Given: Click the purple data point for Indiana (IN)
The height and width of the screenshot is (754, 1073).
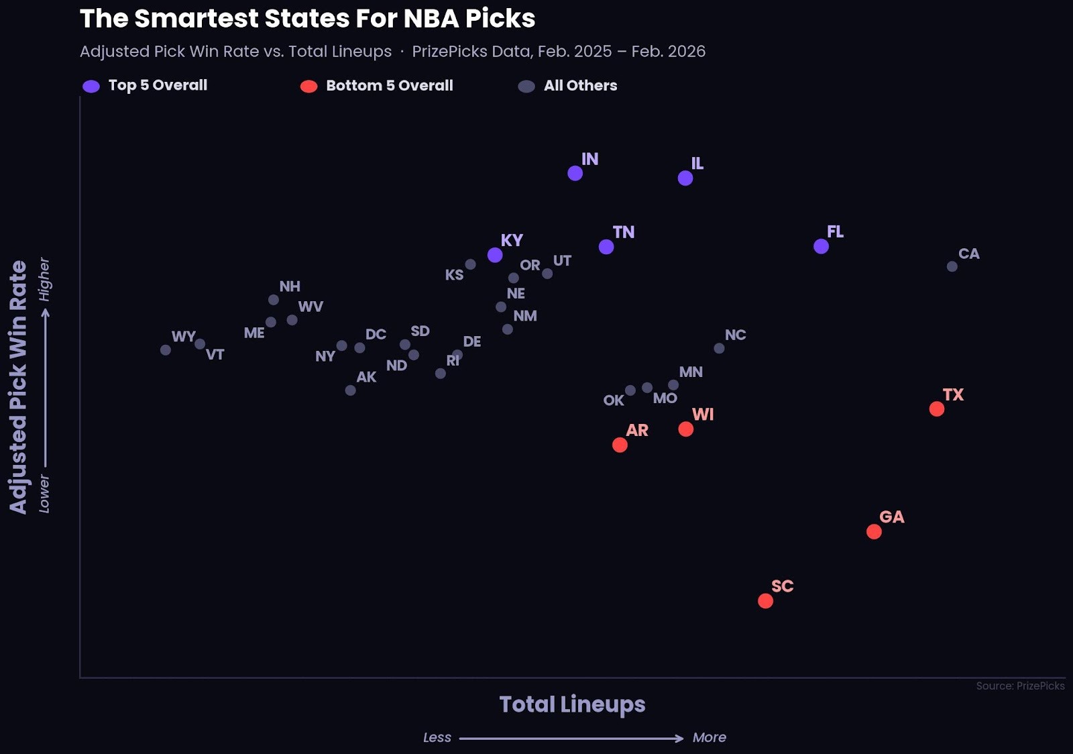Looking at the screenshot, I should point(575,173).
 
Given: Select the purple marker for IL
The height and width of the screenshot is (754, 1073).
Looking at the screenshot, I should point(685,178).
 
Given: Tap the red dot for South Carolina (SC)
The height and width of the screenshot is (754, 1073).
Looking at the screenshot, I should point(765,600).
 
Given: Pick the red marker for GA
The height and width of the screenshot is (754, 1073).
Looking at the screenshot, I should point(874,531).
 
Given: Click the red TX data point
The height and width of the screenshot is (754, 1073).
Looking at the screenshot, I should point(937,409).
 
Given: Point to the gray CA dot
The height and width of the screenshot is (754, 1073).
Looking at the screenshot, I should point(952,266).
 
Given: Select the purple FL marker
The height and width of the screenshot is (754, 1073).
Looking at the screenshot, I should point(821,246).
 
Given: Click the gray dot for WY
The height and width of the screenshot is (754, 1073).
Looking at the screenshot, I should point(166,349).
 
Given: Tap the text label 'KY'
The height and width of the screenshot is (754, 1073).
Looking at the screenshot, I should point(512,240).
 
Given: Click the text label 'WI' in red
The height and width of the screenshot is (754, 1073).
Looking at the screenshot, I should point(703,415).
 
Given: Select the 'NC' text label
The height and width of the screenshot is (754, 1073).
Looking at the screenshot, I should point(735,335).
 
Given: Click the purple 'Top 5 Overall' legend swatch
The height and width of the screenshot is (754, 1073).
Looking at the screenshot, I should point(91,86).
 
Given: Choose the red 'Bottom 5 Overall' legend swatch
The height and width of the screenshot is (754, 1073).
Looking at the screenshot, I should point(308,86).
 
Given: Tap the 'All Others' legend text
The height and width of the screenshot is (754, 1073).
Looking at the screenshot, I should point(580,85).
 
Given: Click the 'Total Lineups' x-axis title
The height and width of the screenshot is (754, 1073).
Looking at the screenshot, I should point(572,704).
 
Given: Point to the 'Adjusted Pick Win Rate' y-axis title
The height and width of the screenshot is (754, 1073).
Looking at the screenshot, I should point(18,387).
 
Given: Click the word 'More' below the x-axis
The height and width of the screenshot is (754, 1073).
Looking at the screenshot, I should point(709,737).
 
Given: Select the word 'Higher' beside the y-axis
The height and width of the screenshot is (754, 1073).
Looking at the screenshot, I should point(44,279).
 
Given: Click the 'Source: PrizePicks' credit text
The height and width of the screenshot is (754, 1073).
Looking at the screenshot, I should point(1020,686).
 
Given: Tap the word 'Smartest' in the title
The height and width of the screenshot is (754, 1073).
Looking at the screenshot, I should point(196,19).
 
